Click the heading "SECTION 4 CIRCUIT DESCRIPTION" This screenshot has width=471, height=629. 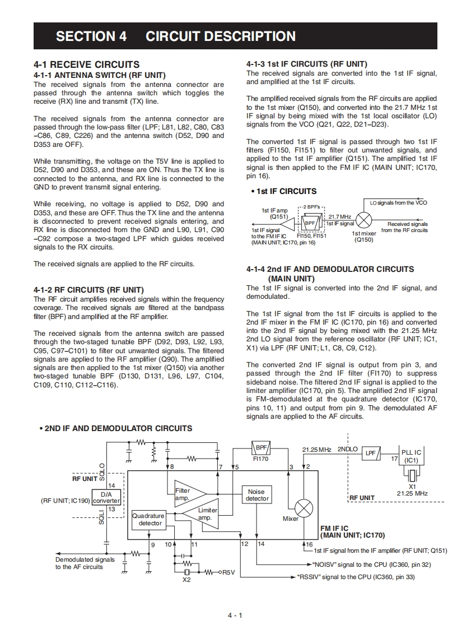[x=175, y=36]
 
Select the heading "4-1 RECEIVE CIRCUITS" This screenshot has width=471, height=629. [x=86, y=64]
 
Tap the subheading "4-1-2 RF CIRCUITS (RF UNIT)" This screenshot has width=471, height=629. [x=88, y=290]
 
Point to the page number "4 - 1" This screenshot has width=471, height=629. [x=235, y=616]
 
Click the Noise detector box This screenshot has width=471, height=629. [x=257, y=495]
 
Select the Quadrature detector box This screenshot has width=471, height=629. [x=148, y=520]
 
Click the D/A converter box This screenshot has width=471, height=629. [x=106, y=497]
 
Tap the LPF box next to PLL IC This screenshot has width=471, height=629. [x=371, y=452]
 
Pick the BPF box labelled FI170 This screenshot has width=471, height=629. [x=261, y=448]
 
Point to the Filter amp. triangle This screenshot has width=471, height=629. [x=188, y=493]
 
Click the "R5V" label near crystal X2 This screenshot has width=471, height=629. [x=228, y=572]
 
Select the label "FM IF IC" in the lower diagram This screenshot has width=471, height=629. [x=334, y=528]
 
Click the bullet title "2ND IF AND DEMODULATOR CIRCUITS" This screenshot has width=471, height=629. [x=118, y=428]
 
